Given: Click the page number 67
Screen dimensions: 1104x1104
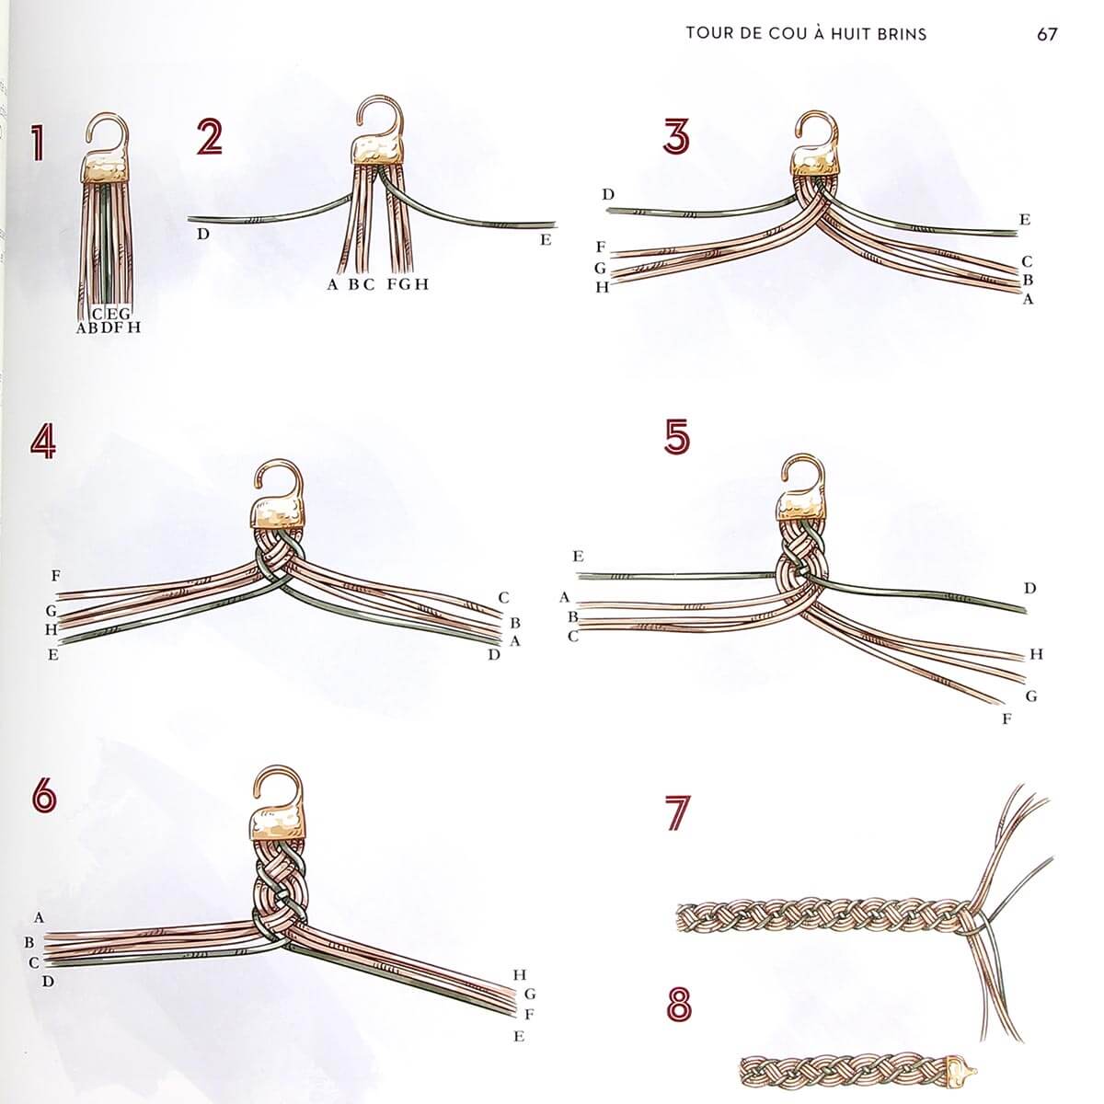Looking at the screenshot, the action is (x=1047, y=34).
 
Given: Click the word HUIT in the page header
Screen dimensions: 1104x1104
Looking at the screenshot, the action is (x=851, y=33).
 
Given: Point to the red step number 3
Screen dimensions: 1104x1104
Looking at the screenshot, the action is (x=676, y=136).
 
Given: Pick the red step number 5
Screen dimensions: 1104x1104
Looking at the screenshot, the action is (x=677, y=437).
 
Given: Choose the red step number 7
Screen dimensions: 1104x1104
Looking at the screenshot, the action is (x=678, y=812).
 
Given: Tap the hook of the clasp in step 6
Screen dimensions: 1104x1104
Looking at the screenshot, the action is (x=278, y=789).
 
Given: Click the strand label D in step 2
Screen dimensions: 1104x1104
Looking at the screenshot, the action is (x=203, y=234).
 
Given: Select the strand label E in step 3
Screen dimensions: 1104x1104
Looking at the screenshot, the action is (x=1025, y=220).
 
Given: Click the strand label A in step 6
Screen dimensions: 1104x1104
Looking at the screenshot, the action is (x=39, y=918).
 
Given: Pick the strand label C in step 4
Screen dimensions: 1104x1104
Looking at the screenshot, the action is (x=503, y=598).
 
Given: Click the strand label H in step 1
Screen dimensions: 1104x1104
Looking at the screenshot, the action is (x=134, y=328).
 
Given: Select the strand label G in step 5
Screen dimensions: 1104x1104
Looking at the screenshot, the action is (x=1031, y=696).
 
